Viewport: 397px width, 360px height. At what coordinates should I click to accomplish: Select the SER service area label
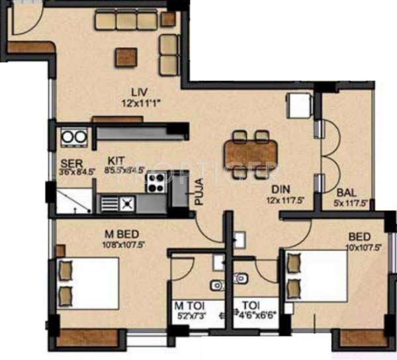[x=67, y=163]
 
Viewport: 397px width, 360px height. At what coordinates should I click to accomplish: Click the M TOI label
[x=187, y=306]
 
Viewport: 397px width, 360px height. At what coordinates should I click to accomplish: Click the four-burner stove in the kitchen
[x=157, y=181]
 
